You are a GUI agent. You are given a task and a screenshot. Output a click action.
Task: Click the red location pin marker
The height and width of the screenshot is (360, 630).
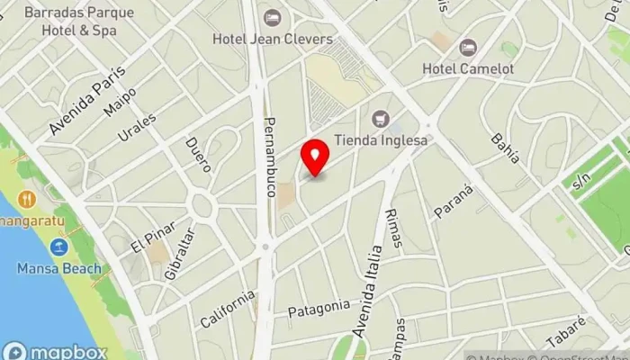315,157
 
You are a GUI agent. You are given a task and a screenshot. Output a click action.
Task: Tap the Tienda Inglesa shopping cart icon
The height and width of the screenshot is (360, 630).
381,118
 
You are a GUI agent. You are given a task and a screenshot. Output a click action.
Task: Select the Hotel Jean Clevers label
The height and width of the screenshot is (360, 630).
273,39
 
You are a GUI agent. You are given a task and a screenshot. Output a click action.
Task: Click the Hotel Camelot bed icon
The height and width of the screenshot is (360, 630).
467,47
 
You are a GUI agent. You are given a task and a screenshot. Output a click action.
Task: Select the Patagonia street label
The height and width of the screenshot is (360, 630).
319,309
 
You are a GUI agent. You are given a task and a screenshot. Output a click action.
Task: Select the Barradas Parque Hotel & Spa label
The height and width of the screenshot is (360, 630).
80,22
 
